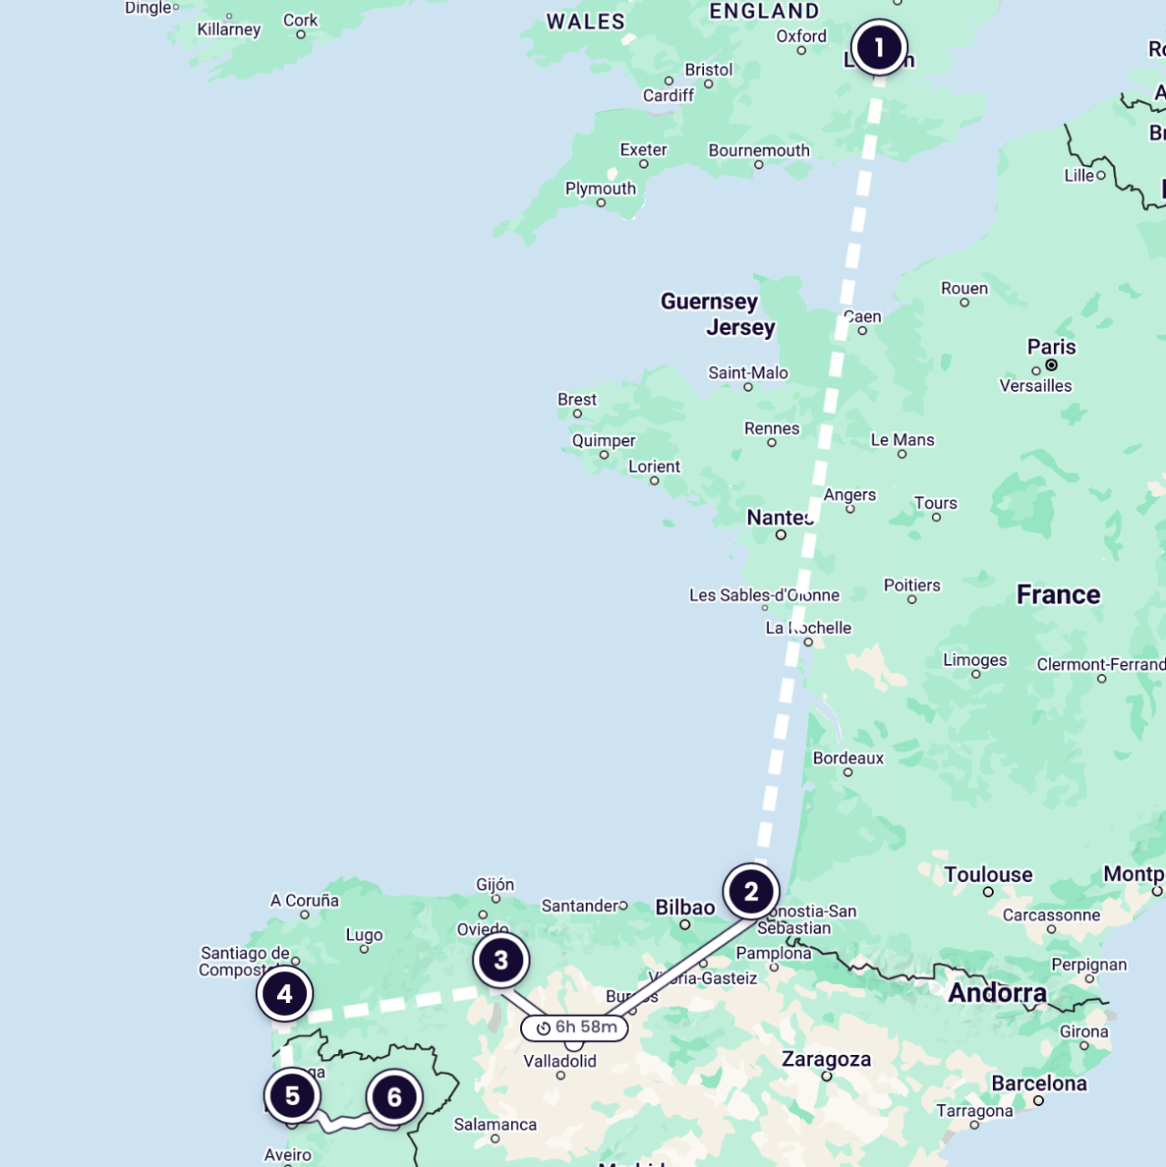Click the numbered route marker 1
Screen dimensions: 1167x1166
click(879, 47)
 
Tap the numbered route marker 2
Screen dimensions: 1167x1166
click(751, 892)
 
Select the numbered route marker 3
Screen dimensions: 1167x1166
click(501, 960)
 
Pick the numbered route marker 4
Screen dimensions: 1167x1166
click(284, 994)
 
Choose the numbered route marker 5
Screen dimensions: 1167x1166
click(292, 1096)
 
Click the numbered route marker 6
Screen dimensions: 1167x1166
click(394, 1098)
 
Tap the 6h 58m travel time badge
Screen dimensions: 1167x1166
click(575, 1028)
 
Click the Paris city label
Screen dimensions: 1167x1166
click(1051, 347)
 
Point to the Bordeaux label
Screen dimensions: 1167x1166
click(848, 758)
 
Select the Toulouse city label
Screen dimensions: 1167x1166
click(988, 875)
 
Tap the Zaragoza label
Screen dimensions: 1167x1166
click(826, 1060)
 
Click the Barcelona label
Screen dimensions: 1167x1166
click(1038, 1083)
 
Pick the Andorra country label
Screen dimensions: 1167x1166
click(997, 993)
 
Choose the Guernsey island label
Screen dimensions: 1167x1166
click(709, 302)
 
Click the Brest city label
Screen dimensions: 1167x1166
click(577, 400)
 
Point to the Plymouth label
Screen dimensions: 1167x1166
click(600, 189)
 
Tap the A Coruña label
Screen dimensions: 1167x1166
click(304, 900)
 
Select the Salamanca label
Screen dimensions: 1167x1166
click(495, 1124)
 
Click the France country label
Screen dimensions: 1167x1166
click(1059, 595)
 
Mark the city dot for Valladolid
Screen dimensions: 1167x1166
click(560, 1076)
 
